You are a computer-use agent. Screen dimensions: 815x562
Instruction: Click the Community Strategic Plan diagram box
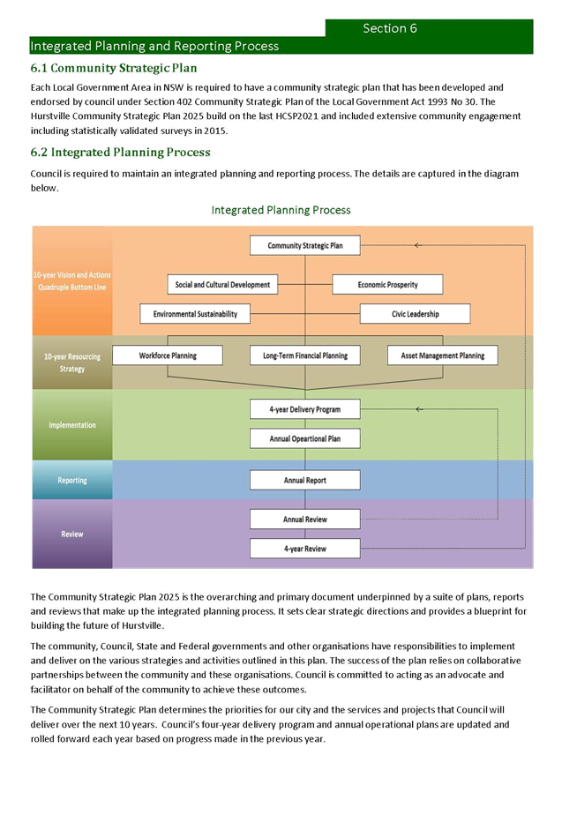(304, 245)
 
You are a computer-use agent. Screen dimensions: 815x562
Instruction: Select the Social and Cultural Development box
(221, 284)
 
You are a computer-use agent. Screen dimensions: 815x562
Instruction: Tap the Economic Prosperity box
(387, 284)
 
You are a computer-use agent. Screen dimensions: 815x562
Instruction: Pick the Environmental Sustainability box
(194, 313)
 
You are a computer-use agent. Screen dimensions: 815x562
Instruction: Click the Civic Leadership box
(415, 313)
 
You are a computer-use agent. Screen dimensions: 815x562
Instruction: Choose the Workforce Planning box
(168, 355)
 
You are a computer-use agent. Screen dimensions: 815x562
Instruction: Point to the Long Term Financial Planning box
(304, 355)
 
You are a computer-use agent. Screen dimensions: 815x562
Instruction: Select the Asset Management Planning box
(442, 355)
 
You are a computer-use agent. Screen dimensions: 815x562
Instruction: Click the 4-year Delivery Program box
(304, 409)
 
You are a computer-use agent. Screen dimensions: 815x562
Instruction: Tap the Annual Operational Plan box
(304, 437)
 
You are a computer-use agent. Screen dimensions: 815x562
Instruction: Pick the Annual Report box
(304, 480)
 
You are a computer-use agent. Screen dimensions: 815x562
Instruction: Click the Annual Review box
(304, 519)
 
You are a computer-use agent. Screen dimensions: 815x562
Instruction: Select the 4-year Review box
(304, 548)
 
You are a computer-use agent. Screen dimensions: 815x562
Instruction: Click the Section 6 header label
(390, 28)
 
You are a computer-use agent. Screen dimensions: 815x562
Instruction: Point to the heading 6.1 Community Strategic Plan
(114, 68)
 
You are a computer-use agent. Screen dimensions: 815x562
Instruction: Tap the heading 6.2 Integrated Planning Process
(121, 152)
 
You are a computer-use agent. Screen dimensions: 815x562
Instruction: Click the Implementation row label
(72, 425)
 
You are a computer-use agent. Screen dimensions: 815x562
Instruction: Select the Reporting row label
(72, 481)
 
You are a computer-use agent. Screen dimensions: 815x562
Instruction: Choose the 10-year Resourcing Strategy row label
(72, 363)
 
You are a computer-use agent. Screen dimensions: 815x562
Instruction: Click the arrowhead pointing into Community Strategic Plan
(418, 245)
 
